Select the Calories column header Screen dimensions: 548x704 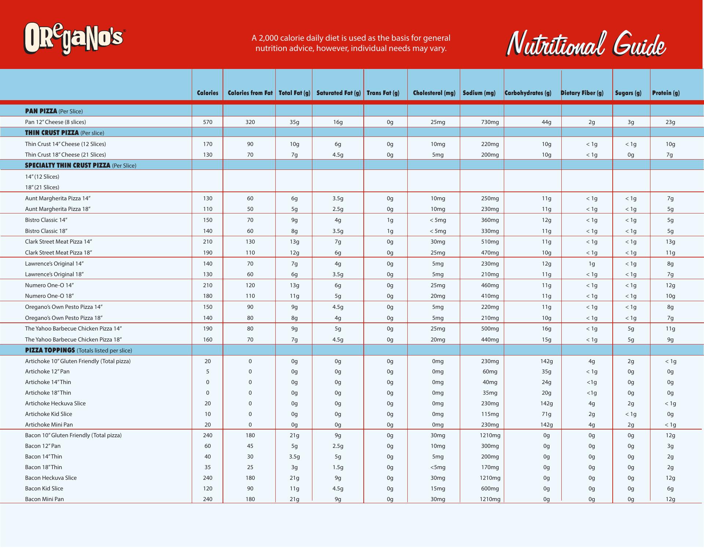point(208,93)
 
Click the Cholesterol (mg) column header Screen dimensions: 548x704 point(434,93)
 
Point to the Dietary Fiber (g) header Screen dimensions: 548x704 point(582,93)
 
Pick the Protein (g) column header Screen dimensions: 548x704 point(666,93)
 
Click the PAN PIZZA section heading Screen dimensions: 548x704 point(41,111)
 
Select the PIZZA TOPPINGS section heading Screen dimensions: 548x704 point(50,350)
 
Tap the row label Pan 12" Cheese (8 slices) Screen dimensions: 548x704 point(55,122)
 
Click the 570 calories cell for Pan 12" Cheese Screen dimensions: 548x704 point(208,122)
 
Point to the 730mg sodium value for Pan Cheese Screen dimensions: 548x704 point(490,122)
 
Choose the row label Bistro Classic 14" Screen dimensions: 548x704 point(46,220)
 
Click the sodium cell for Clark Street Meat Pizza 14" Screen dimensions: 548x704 point(490,242)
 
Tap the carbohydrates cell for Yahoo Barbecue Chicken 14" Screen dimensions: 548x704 point(546,329)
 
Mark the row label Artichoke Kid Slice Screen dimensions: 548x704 point(48,414)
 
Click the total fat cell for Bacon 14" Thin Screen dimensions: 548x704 point(294,457)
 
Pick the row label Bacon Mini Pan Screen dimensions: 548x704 point(44,499)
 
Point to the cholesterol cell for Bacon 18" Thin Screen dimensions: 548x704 point(438,467)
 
